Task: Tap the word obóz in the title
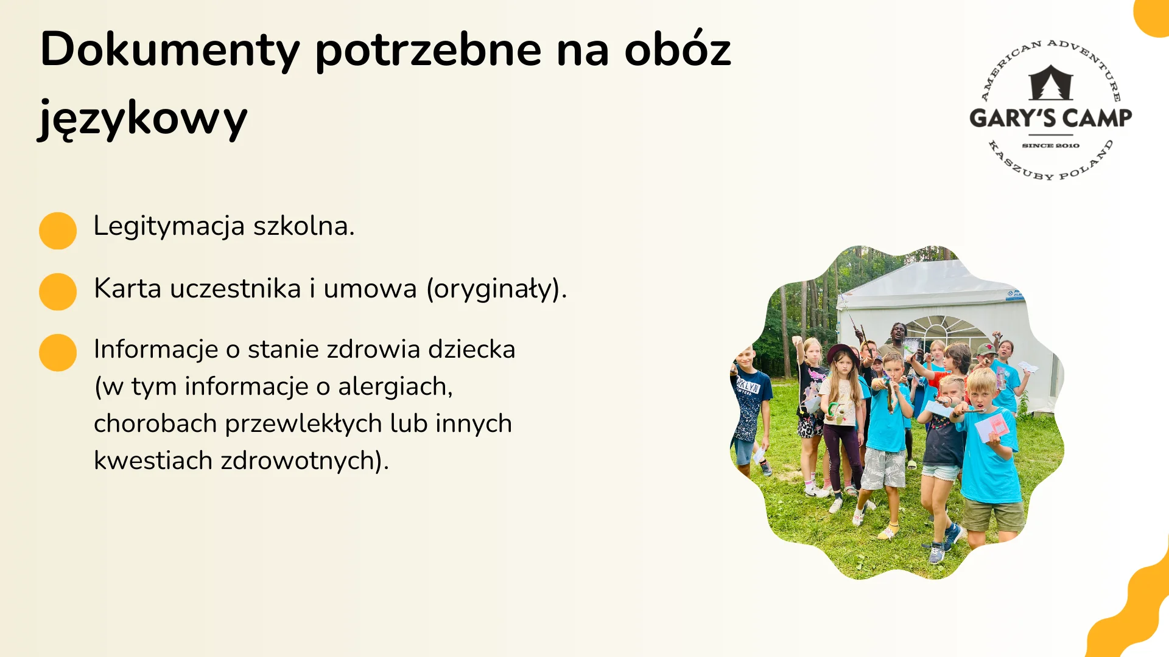(677, 50)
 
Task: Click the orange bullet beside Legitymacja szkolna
(58, 231)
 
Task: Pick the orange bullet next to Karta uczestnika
(58, 291)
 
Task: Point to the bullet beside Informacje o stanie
(58, 352)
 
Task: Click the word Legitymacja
(169, 226)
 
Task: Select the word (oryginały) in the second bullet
(496, 289)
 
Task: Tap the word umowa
(370, 289)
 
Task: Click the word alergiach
(395, 387)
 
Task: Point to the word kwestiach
(153, 461)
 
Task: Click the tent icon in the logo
(1050, 83)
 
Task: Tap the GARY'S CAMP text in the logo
(1050, 118)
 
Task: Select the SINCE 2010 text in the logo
(1050, 146)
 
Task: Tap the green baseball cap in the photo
(986, 350)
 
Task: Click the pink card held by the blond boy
(997, 424)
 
